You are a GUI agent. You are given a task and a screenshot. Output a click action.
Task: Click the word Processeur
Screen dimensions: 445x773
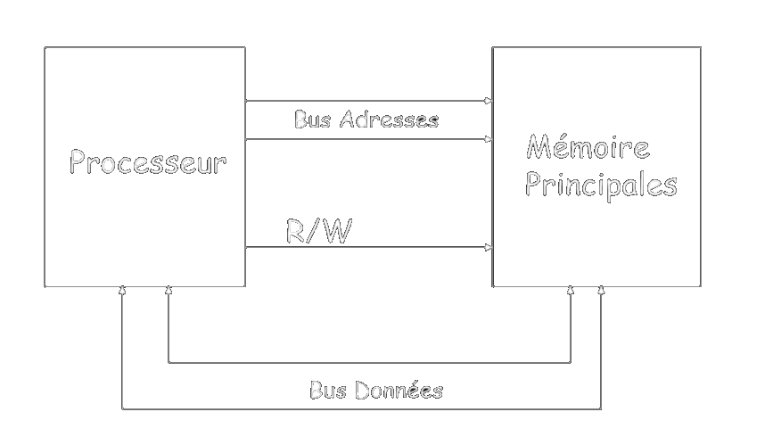[148, 163]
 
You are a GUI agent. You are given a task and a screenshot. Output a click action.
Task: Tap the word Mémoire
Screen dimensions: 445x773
[588, 146]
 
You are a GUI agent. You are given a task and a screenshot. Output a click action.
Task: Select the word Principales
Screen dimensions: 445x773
[601, 185]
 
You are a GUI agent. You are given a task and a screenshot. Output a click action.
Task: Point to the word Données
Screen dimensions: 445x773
[401, 390]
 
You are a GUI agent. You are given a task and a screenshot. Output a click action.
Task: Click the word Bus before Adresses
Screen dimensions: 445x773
[313, 119]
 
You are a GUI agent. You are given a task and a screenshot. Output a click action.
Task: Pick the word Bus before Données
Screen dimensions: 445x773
[329, 390]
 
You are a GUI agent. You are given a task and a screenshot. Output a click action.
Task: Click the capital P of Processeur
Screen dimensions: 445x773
[78, 163]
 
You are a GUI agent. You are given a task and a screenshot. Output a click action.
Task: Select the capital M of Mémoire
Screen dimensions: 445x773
[539, 146]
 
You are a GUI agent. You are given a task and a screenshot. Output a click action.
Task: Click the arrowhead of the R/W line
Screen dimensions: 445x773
[489, 247]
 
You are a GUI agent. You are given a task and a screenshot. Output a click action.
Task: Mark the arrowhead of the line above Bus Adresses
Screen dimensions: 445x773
[489, 101]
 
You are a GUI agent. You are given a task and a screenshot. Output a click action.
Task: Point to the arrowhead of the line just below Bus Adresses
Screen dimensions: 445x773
[489, 139]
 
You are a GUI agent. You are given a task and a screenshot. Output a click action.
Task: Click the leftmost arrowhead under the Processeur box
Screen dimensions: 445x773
[123, 291]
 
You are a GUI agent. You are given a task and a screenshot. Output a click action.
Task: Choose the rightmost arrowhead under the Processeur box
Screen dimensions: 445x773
[169, 291]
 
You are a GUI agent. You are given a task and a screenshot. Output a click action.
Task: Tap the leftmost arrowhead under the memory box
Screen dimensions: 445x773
[571, 291]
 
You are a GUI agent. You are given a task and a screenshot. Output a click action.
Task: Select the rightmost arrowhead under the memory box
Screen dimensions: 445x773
[602, 291]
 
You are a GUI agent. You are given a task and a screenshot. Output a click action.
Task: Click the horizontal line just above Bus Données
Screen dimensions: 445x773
[369, 363]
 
